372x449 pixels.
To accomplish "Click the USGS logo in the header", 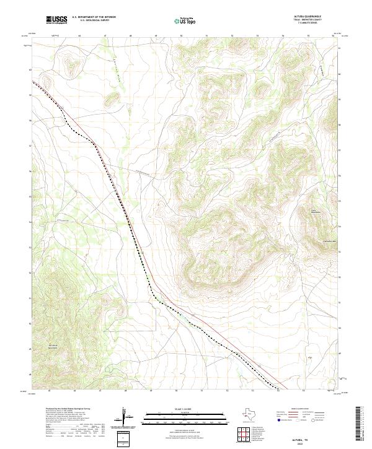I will (x=56, y=20).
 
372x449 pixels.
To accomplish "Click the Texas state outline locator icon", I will (x=254, y=414).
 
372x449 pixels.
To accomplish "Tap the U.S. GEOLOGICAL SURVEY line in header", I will (x=93, y=22).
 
